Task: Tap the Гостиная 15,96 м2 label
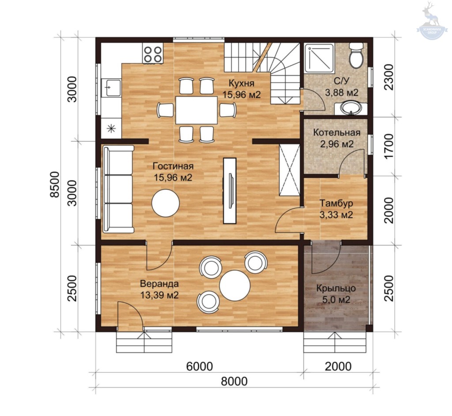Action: pyautogui.click(x=173, y=172)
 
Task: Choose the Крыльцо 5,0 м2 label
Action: pyautogui.click(x=336, y=294)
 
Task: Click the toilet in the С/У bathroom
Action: pyautogui.click(x=356, y=56)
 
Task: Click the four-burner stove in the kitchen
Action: pyautogui.click(x=153, y=54)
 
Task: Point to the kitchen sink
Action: pyautogui.click(x=111, y=88)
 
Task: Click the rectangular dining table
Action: pyautogui.click(x=196, y=110)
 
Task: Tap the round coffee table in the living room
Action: pyautogui.click(x=166, y=202)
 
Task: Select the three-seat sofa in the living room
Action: pyautogui.click(x=118, y=189)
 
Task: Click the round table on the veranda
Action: pyautogui.click(x=235, y=285)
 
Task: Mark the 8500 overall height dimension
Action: pyautogui.click(x=54, y=184)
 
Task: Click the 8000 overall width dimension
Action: pyautogui.click(x=234, y=382)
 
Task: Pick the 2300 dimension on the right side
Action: pyautogui.click(x=389, y=77)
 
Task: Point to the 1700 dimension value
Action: pyautogui.click(x=389, y=146)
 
